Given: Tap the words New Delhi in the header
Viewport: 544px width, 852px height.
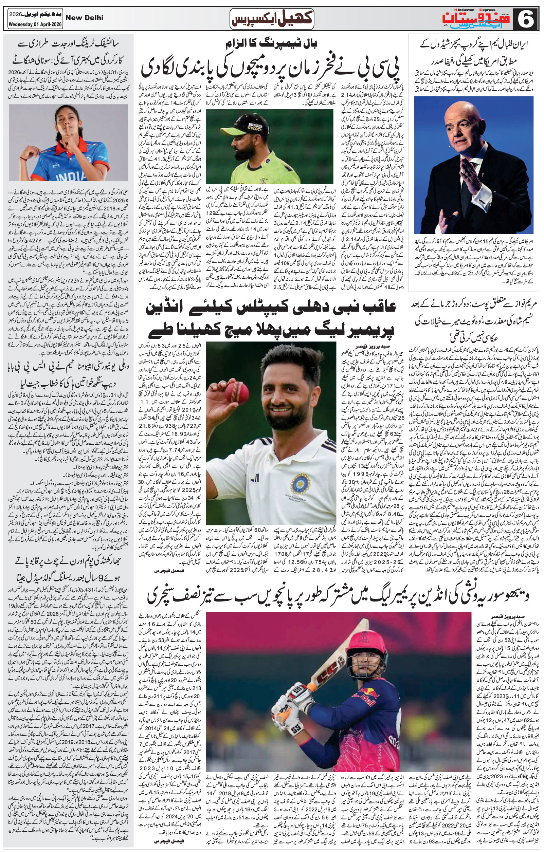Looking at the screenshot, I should (85, 18).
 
